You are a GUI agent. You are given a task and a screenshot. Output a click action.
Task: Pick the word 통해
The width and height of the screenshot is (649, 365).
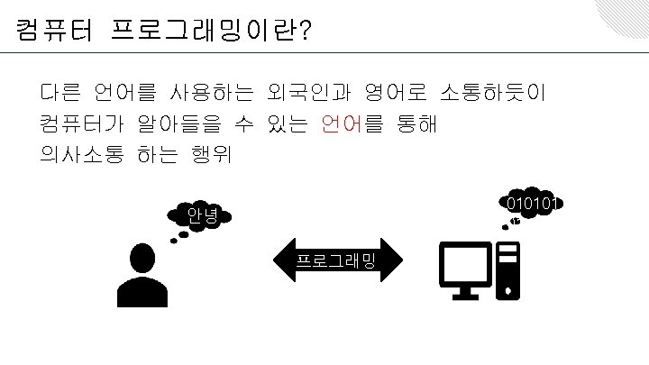(416, 123)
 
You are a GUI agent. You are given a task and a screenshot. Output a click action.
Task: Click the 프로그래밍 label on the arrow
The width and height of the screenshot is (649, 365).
(337, 261)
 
